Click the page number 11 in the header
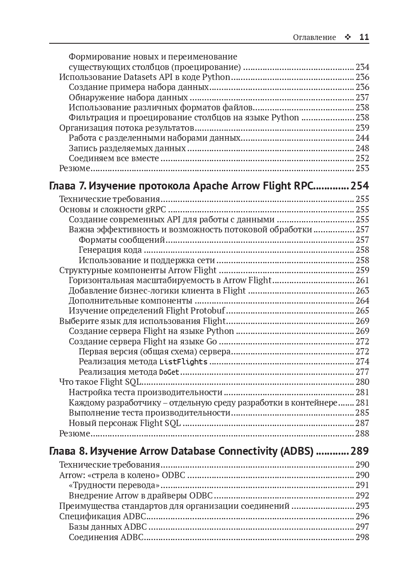coord(364,37)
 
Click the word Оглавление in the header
coord(314,37)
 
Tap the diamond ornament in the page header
coord(348,37)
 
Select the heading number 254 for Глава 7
coord(360,186)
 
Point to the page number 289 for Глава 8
coord(360,451)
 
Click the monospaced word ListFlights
coord(183,361)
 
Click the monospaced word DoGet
coord(169,372)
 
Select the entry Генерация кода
coord(110,250)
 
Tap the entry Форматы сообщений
coord(122,240)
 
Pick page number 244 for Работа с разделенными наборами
coord(362,138)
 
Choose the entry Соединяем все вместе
coord(114,158)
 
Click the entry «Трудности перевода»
coord(114,485)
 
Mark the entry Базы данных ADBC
coord(108,527)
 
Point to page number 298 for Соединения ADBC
coord(362,537)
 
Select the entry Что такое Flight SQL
coord(100,382)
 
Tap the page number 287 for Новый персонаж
coord(362,423)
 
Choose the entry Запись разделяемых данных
coord(127,148)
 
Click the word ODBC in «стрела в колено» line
coord(173,475)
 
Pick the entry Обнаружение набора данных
coord(128,97)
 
